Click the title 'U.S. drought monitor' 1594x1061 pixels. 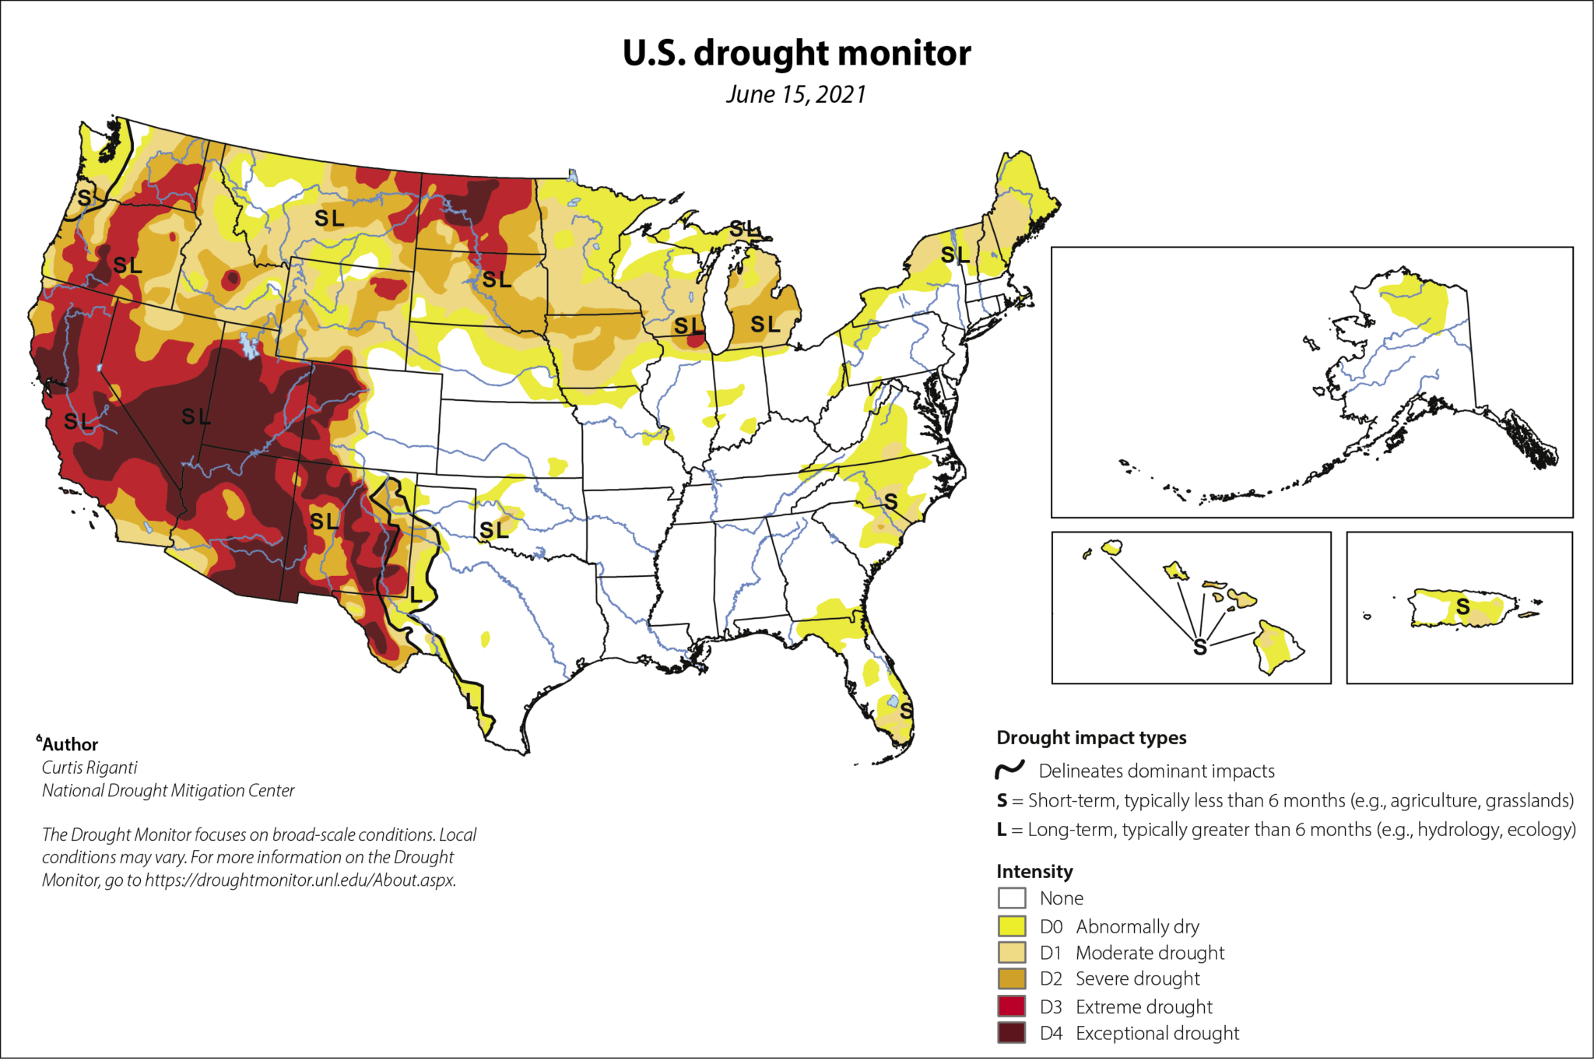click(x=796, y=53)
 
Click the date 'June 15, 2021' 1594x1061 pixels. click(x=795, y=94)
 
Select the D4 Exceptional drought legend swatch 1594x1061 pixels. click(x=1011, y=1033)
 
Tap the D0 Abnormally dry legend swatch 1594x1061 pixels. click(x=1011, y=926)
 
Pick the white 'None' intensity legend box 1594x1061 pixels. click(x=1011, y=898)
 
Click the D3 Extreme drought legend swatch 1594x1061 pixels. click(x=1011, y=1007)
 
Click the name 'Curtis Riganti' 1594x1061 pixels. click(x=90, y=768)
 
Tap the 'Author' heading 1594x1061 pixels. click(x=70, y=744)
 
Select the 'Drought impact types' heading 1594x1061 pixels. click(x=1091, y=737)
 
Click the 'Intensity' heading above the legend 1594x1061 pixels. click(x=1034, y=871)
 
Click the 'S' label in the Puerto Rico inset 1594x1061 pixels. click(x=1462, y=606)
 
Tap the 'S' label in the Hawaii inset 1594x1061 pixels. click(x=1199, y=647)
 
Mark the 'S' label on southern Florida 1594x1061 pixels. click(x=906, y=711)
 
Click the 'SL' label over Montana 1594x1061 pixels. click(x=329, y=219)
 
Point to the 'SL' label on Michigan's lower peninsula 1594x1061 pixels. click(x=764, y=324)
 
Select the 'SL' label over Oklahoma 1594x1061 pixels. click(x=493, y=530)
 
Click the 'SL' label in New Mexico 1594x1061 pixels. click(x=324, y=521)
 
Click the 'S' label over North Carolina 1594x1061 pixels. click(x=890, y=502)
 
